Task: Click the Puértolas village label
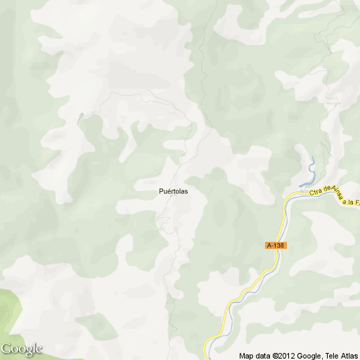[x=172, y=191]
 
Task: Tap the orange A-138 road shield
[x=276, y=245]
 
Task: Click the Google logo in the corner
[x=22, y=349]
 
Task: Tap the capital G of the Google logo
[x=6, y=349]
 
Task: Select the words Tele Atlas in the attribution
[x=342, y=355]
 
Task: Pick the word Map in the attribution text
[x=245, y=355]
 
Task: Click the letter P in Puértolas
[x=161, y=191]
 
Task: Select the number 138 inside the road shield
[x=279, y=245]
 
